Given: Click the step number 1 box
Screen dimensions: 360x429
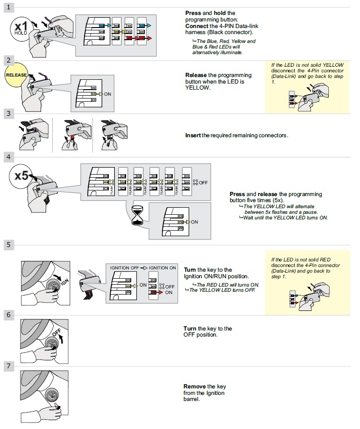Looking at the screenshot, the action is tap(8, 7).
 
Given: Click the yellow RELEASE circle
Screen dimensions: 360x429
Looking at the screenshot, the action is tap(16, 75).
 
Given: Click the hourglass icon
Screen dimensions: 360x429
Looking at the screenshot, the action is tap(137, 216).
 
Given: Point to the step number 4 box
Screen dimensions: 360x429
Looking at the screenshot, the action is tap(8, 157).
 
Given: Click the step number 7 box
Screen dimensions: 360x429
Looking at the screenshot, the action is tap(8, 366).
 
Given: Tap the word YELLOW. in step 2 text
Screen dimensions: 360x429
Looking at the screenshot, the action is tap(198, 88).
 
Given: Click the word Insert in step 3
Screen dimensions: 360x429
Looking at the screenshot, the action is tap(193, 135).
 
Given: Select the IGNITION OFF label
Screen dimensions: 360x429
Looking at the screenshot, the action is tap(125, 268).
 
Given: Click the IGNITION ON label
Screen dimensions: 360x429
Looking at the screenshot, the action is tap(162, 268).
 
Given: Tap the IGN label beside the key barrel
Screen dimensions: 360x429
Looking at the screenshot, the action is tap(64, 282).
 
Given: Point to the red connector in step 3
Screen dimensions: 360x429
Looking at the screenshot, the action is tap(72, 138).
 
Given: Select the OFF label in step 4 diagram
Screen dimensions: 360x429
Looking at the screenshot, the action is tap(203, 183).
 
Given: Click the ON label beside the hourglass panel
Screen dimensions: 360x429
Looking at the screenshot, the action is tap(194, 222).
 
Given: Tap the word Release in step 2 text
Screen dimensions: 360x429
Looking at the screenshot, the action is tap(196, 75).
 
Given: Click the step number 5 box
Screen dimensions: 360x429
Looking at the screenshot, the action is tap(8, 244).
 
